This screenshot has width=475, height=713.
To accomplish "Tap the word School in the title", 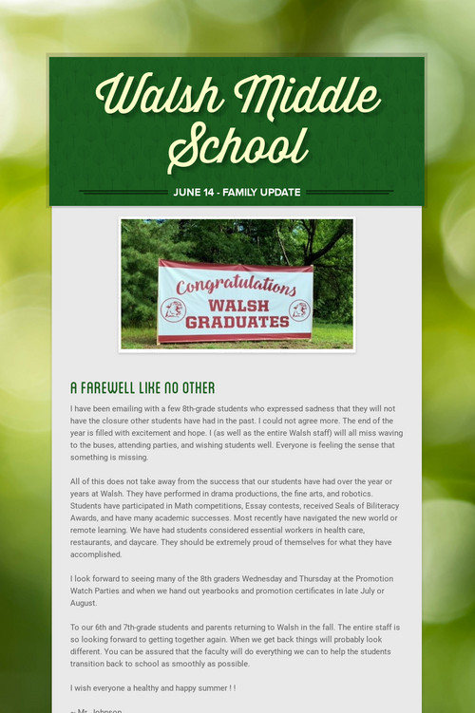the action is [x=237, y=147].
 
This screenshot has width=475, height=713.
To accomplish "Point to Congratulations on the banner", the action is [x=236, y=284].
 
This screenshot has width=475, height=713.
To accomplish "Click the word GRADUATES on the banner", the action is [x=237, y=322].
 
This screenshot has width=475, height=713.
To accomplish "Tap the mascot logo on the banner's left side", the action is [x=173, y=310].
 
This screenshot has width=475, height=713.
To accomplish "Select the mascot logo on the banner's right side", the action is [x=299, y=310].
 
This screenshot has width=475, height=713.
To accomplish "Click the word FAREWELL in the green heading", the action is [x=116, y=388].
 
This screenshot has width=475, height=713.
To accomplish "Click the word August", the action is [x=84, y=603].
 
